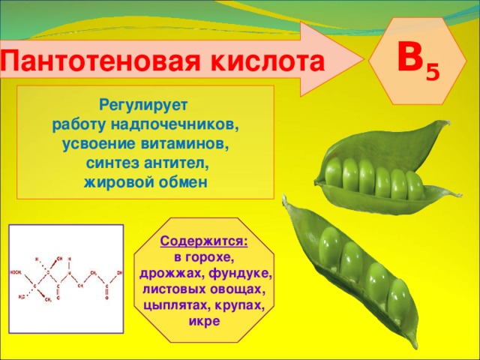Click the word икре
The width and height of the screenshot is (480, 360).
tap(204, 322)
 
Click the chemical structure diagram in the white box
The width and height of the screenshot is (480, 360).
tap(65, 278)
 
